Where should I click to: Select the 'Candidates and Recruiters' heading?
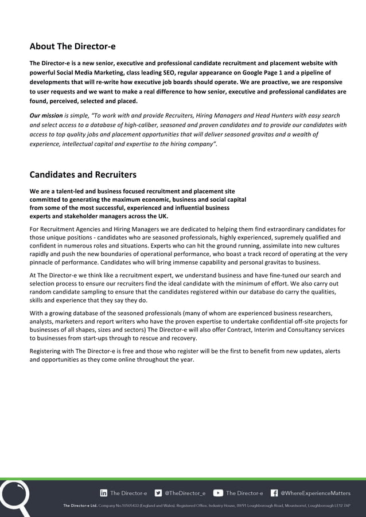click(83, 174)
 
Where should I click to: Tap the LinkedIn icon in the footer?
click(104, 492)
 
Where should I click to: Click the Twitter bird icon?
click(158, 492)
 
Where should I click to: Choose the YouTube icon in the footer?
click(218, 492)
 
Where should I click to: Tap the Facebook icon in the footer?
click(274, 492)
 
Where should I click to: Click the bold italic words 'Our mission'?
click(46, 115)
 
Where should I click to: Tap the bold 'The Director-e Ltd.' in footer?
click(79, 506)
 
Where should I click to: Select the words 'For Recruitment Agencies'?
click(66, 229)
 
